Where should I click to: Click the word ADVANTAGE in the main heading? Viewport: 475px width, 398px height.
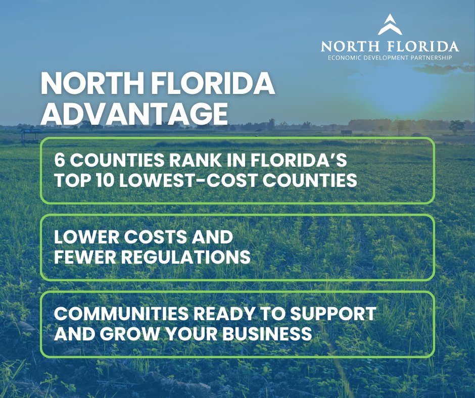point(134,114)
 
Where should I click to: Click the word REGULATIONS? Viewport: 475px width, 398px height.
point(184,258)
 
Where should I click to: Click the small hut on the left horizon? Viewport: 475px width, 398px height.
point(30,134)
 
